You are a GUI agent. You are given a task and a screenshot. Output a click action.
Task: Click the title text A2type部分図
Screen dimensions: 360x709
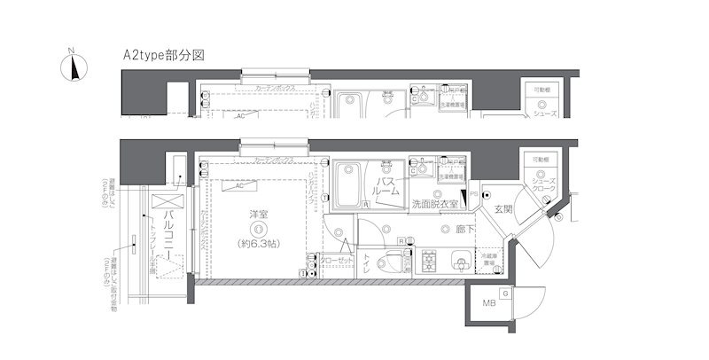pos(164,55)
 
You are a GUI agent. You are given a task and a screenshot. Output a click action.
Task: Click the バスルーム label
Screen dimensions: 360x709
pos(386,187)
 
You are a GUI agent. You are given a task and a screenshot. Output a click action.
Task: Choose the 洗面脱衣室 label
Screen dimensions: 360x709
pos(434,205)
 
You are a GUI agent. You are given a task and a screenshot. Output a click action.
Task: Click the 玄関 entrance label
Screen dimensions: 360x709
pos(503,210)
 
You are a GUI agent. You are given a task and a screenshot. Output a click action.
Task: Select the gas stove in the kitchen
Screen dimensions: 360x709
pos(430,262)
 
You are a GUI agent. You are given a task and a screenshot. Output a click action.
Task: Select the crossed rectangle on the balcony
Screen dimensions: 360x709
pos(160,201)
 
